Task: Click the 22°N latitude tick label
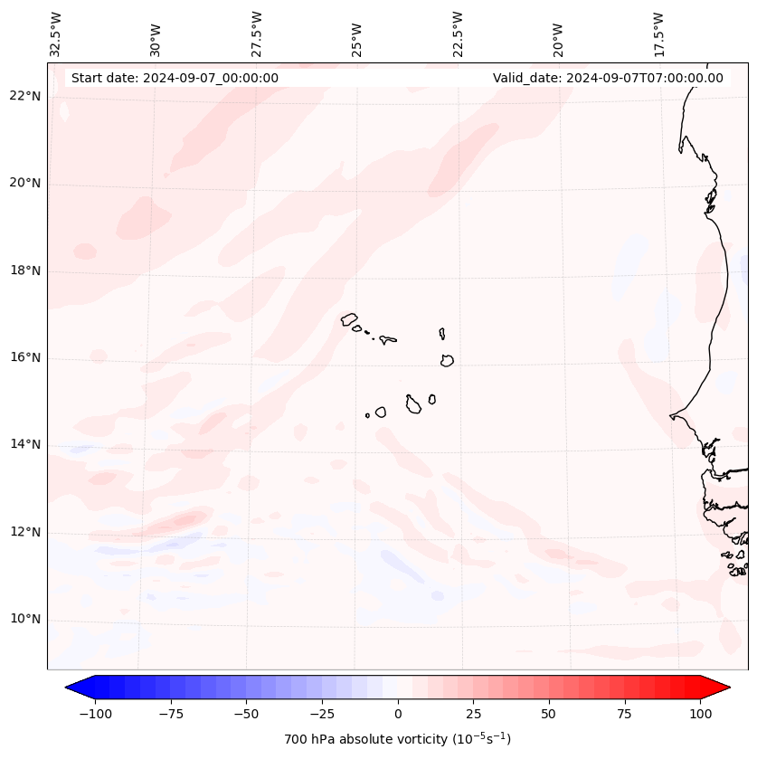[x=26, y=97]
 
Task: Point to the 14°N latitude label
[x=26, y=444]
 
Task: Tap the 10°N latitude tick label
[x=26, y=619]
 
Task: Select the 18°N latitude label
[x=26, y=270]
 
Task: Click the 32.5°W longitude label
[x=56, y=33]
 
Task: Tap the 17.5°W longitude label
[x=658, y=33]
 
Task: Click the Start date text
[x=175, y=78]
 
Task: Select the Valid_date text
[x=608, y=78]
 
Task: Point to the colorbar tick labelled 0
[x=398, y=714]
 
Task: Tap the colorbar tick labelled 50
[x=549, y=714]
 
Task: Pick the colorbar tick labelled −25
[x=322, y=714]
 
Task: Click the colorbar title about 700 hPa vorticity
[x=397, y=739]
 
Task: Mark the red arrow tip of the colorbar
[x=725, y=688]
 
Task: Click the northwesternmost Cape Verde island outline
[x=349, y=319]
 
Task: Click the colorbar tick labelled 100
[x=699, y=714]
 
